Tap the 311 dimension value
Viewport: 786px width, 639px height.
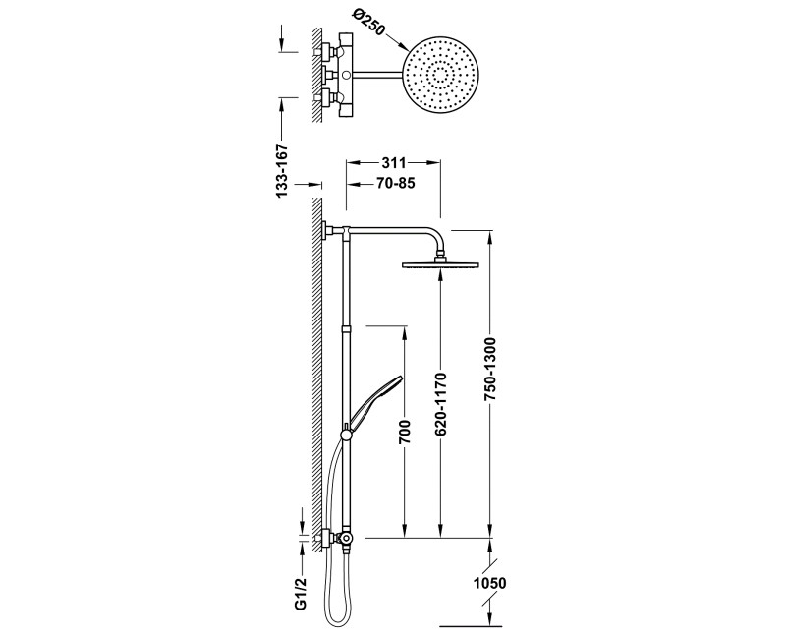click(394, 163)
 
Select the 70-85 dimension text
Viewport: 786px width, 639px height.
click(396, 184)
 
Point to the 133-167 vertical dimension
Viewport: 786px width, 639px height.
click(282, 170)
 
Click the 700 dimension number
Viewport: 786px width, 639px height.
click(405, 432)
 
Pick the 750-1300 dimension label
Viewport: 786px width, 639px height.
click(490, 369)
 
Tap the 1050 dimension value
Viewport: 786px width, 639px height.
click(489, 583)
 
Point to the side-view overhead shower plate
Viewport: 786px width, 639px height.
click(440, 264)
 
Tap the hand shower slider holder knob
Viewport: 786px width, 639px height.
click(347, 435)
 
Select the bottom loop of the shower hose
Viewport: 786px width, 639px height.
click(340, 618)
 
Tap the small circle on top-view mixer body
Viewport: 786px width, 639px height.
click(345, 76)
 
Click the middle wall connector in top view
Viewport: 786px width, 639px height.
click(327, 76)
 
